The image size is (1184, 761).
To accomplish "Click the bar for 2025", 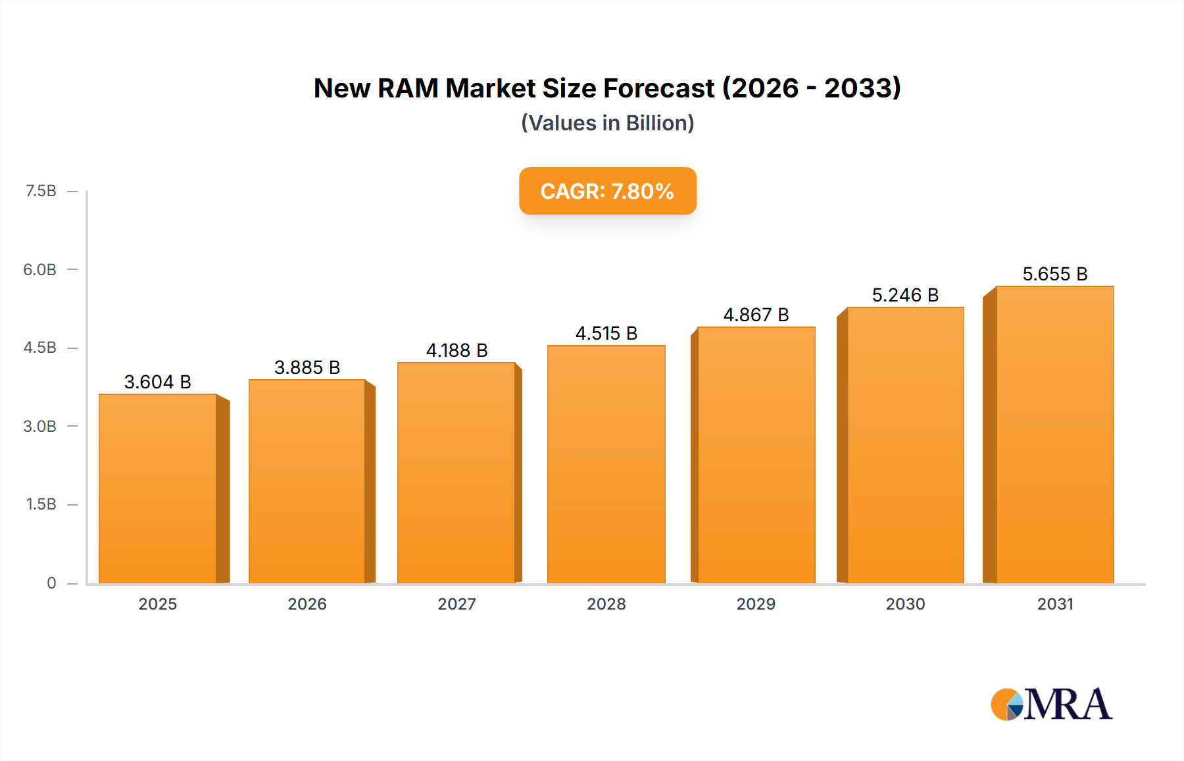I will pos(158,488).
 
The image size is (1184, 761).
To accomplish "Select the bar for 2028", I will pos(606,464).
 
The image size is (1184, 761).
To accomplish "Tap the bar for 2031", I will pos(1054,434).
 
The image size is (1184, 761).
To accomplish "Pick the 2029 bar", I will pos(756,455).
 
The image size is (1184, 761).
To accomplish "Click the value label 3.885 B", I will pos(307,367).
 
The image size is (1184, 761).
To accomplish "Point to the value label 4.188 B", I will pos(456,350).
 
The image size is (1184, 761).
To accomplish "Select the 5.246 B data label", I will pos(905,295).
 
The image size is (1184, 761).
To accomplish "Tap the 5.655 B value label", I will pos(1054,274).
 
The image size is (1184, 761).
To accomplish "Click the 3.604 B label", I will pos(158,382).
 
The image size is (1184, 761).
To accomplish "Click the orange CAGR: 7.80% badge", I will pos(607,191).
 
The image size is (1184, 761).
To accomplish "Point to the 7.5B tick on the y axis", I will pos(41,191).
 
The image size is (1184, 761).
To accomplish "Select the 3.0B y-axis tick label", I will pos(40,426).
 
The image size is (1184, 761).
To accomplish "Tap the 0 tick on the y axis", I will pos(51,583).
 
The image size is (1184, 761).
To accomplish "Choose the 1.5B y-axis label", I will pos(41,504).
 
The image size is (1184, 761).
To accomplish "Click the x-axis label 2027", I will pos(456,604).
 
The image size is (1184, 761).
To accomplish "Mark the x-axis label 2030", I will pos(905,604).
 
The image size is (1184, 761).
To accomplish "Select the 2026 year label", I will pos(307,604).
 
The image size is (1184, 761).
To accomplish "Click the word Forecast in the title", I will pos(658,88).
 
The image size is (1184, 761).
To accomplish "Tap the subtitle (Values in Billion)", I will pos(607,123).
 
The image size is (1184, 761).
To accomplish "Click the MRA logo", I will pos(1050,704).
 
